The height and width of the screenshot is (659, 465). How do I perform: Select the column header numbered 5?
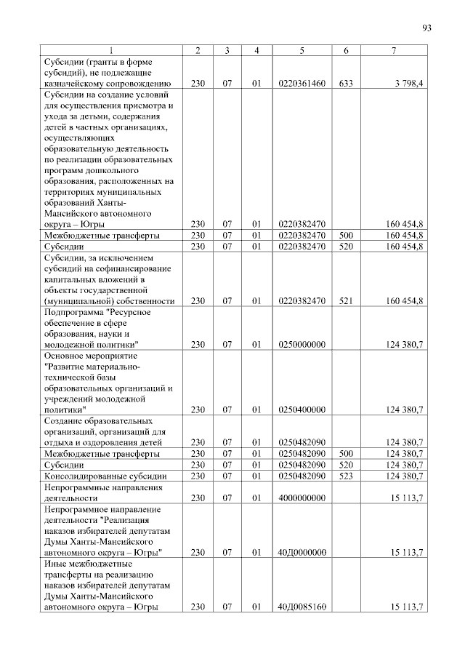(x=301, y=50)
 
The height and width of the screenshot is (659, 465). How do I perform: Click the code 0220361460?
(x=301, y=84)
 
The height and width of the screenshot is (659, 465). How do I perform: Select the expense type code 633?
(x=345, y=84)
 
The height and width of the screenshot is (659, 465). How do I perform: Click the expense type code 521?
(x=345, y=300)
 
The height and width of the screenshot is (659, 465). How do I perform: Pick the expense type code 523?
(x=345, y=476)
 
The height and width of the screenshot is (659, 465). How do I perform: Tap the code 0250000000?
(x=301, y=344)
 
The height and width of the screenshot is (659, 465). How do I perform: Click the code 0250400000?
(x=301, y=410)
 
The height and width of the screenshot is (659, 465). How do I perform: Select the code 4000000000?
(x=301, y=498)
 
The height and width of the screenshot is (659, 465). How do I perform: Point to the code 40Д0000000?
(x=301, y=553)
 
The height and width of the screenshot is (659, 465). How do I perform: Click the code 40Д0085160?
(x=301, y=607)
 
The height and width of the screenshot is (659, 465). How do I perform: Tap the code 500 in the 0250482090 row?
(x=345, y=453)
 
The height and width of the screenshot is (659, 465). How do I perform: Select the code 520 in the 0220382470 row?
(x=345, y=247)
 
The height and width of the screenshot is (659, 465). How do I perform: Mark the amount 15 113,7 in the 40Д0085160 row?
(x=406, y=607)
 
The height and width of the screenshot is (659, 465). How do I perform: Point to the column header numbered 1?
(x=110, y=50)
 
